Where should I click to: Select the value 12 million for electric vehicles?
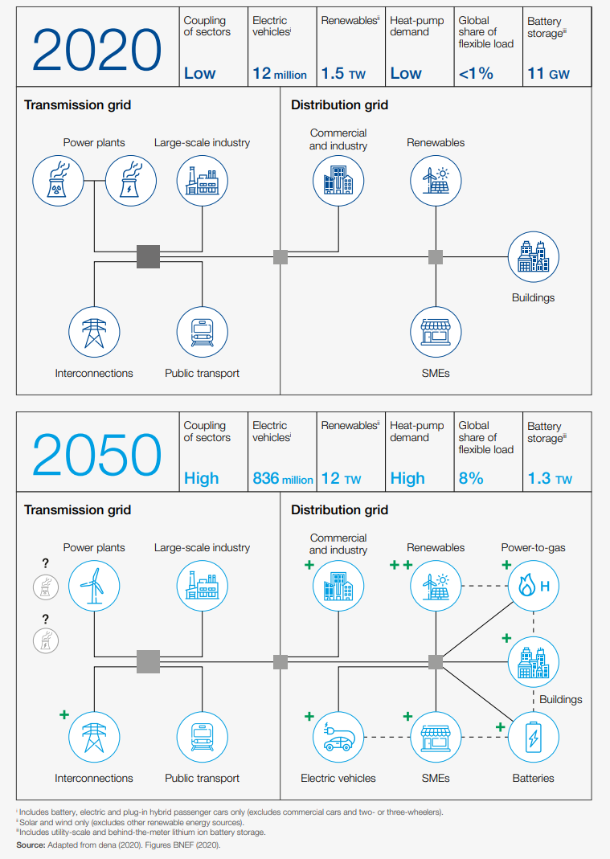coord(280,74)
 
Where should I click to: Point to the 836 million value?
coord(282,479)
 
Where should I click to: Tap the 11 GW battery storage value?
coord(548,74)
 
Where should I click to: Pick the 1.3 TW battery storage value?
coord(550,479)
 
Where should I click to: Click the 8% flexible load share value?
coord(471,479)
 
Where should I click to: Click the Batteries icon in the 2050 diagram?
coord(533,737)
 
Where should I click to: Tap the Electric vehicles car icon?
coord(338,737)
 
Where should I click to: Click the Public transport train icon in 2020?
coord(202,332)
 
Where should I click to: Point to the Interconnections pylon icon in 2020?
coord(94,332)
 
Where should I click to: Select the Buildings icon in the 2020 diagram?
coord(533,257)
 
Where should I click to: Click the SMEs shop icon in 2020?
coord(436,332)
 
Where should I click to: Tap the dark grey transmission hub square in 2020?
coord(148,256)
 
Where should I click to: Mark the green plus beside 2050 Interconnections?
coord(64,714)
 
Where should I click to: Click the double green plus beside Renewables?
coord(400,566)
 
